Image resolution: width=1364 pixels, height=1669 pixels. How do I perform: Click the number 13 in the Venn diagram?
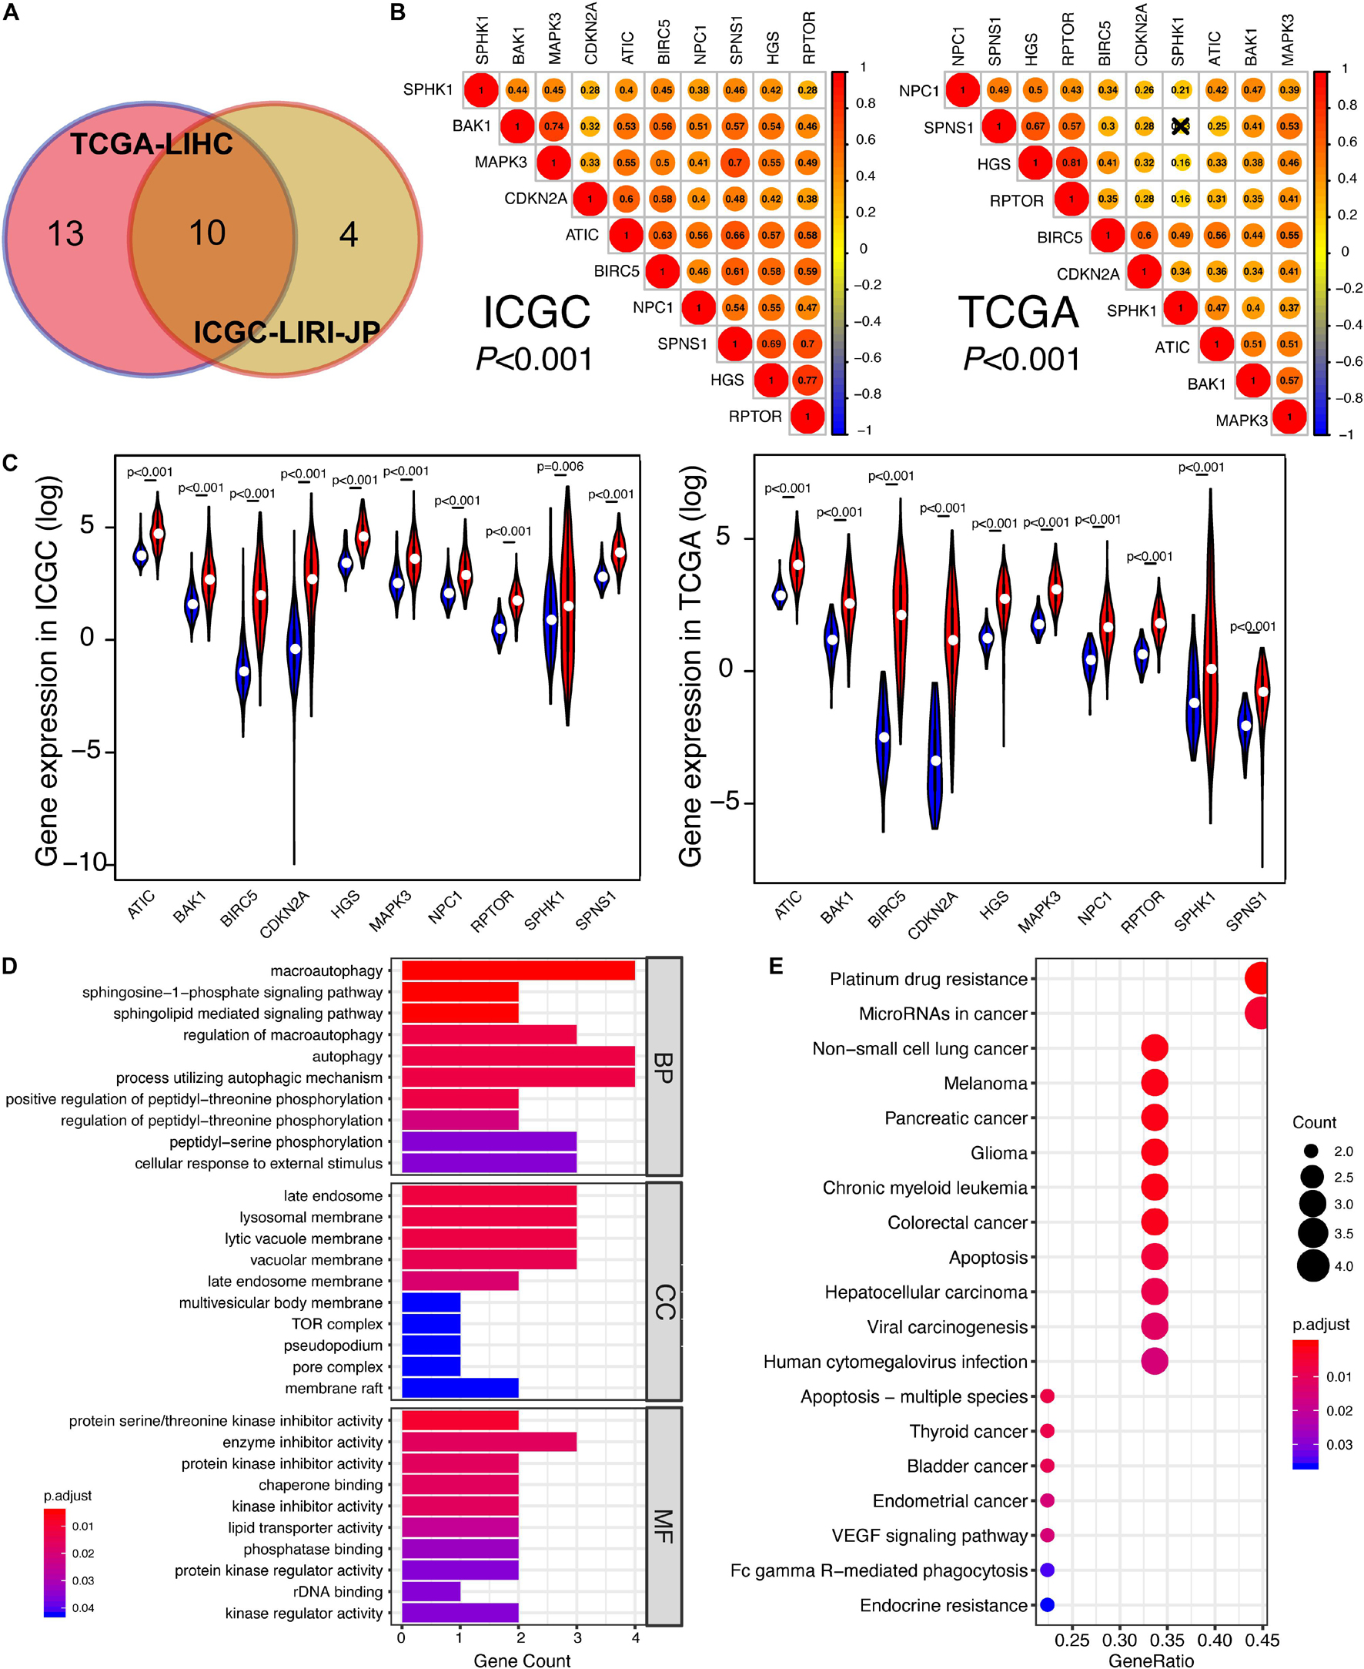point(66,234)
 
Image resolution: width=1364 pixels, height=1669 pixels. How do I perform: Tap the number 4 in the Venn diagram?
point(348,234)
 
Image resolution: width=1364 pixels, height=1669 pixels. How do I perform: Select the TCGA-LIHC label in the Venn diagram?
point(152,144)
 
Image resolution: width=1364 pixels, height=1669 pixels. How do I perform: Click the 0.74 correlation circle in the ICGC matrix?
point(554,126)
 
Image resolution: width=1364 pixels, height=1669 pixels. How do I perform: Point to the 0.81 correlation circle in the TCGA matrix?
point(1071,163)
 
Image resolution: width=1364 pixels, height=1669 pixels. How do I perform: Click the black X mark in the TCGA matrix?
point(1180,126)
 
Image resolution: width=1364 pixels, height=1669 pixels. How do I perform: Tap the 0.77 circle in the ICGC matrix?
point(807,380)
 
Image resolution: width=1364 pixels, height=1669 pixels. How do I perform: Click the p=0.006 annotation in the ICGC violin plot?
point(560,467)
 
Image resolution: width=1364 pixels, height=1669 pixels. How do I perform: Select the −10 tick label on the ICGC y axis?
point(85,863)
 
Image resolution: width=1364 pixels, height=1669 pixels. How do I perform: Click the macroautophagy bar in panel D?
point(518,971)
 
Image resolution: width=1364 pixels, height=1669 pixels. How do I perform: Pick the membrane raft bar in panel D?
point(460,1388)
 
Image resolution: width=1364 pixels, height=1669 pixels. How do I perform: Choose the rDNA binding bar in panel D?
point(430,1591)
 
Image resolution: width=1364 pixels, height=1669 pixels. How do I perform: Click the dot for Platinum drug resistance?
point(1258,979)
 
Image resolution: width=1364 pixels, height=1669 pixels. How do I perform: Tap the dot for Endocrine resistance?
point(1047,1604)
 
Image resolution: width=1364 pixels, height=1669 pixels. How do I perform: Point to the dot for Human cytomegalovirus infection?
point(1154,1361)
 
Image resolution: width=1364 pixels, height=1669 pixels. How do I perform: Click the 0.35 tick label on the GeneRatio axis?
point(1167,1640)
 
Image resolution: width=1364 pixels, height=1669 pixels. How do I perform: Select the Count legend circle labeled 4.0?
point(1313,1266)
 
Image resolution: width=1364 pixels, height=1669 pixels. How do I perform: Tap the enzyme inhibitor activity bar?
point(489,1442)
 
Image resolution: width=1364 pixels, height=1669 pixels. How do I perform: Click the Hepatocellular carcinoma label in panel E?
point(925,1292)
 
